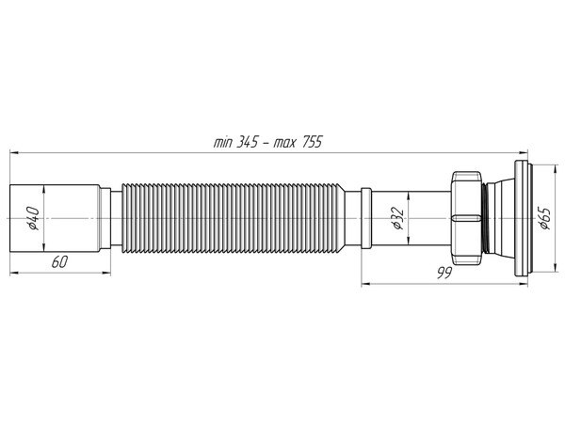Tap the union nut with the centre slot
[x=465, y=218]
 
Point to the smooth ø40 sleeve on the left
[x=56, y=218]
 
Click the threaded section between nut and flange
[x=486, y=218]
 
